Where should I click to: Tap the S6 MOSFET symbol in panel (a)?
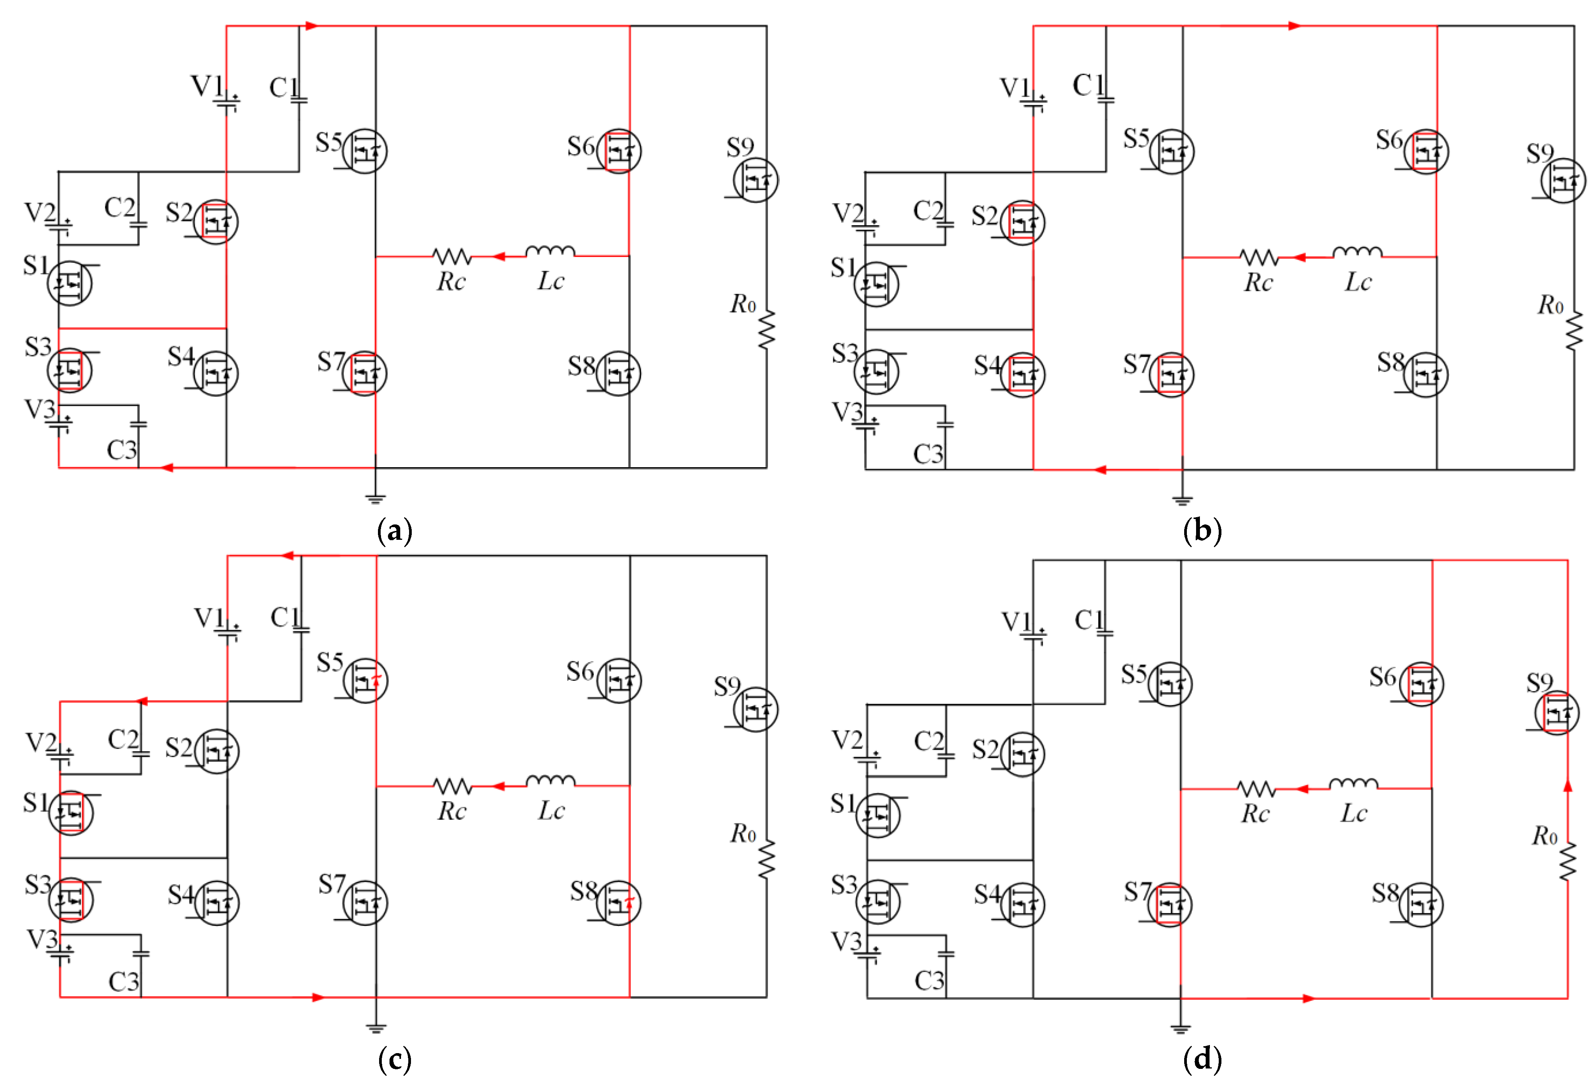pos(619,150)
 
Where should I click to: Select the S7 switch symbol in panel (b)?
pos(1171,375)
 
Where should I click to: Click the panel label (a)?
pos(394,531)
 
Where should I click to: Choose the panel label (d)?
pos(1202,1059)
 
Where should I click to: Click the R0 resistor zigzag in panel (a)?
pos(766,329)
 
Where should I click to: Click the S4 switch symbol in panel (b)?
pos(1022,375)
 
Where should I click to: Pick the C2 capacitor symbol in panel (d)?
pos(946,757)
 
